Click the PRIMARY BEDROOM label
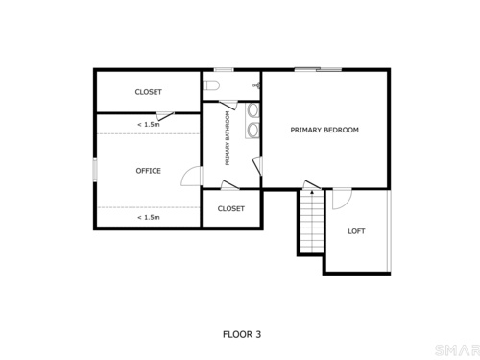click(x=324, y=130)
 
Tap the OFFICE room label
click(x=148, y=171)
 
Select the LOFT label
click(x=356, y=231)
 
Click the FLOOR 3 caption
click(x=242, y=334)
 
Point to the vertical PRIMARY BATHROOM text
click(x=228, y=138)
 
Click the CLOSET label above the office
click(x=148, y=92)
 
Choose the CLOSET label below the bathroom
click(x=231, y=209)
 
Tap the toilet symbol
click(x=211, y=85)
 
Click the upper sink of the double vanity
click(x=253, y=109)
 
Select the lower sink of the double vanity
click(x=253, y=130)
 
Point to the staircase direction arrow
click(x=312, y=192)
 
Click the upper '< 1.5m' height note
click(x=149, y=125)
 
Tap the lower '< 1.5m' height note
click(x=149, y=218)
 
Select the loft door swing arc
click(x=347, y=204)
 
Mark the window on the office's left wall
click(x=95, y=170)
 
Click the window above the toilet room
click(x=224, y=69)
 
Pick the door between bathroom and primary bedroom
click(x=257, y=166)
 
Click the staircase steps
click(x=312, y=223)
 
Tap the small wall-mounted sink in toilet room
click(x=256, y=85)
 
